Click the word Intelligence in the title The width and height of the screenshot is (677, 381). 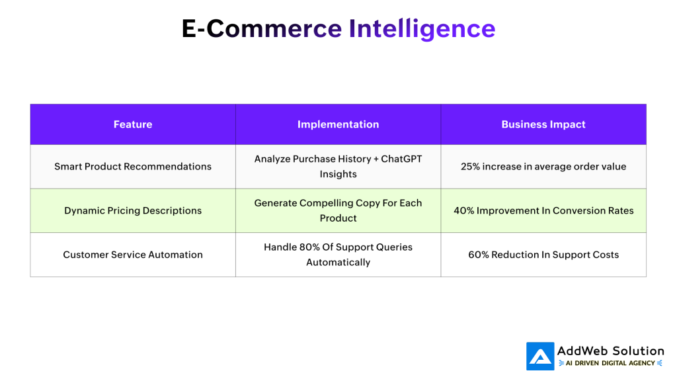point(422,28)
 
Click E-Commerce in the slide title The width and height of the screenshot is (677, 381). point(262,28)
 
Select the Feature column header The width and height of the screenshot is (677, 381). point(133,124)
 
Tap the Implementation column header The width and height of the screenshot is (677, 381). point(338,124)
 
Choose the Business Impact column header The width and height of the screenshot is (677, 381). point(543,124)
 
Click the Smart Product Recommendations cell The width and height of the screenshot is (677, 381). point(133,167)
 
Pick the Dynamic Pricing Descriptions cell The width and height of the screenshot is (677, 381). point(133,211)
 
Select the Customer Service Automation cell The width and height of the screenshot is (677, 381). point(133,255)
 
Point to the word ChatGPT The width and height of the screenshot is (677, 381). point(401,159)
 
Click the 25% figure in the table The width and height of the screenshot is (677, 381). point(470,167)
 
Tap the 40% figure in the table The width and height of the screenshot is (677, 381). point(463,211)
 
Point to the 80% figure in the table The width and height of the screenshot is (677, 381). point(309,247)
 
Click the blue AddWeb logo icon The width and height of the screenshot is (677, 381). point(540,357)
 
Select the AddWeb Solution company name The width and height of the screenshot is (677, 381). point(610,351)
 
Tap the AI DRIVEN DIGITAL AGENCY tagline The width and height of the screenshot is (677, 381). point(610,363)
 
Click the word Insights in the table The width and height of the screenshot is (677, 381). point(338,174)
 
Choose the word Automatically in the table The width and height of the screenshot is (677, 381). point(338,262)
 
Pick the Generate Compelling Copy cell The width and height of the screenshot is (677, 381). point(338,211)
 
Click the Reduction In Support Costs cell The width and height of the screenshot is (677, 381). point(543,255)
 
